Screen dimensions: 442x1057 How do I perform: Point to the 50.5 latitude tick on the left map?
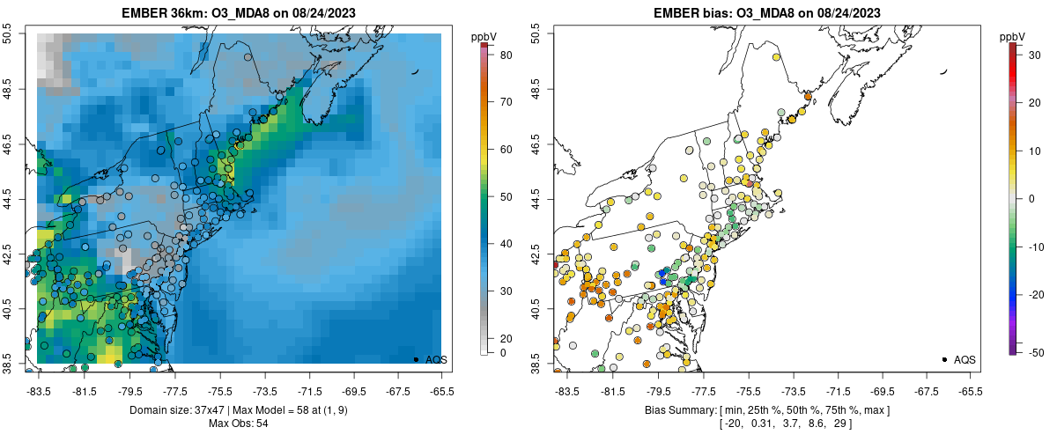pos(10,34)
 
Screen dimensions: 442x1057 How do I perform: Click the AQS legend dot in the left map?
pos(416,359)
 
